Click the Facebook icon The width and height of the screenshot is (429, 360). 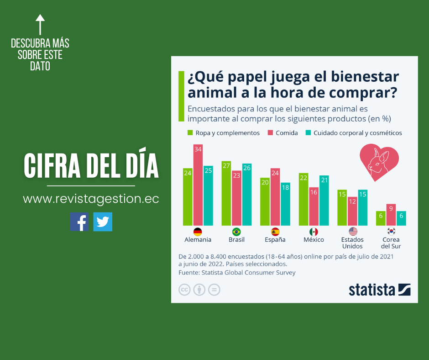click(x=79, y=222)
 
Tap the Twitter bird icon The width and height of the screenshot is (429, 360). click(x=103, y=222)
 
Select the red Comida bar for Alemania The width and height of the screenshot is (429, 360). click(x=198, y=185)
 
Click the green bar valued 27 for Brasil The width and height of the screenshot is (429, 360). click(x=226, y=193)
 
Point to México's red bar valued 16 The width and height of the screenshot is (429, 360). click(x=314, y=206)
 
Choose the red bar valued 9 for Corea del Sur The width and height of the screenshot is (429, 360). click(x=391, y=215)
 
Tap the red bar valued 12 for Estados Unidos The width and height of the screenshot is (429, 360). click(x=352, y=211)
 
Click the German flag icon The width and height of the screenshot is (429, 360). click(x=198, y=232)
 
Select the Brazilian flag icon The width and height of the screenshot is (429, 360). click(x=236, y=232)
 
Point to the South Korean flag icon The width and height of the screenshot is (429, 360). click(x=391, y=232)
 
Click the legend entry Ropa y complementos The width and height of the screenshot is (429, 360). click(x=224, y=133)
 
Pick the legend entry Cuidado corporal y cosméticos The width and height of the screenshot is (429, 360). click(x=354, y=133)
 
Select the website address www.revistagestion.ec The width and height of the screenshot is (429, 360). click(x=91, y=199)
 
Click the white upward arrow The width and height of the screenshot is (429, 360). click(x=40, y=25)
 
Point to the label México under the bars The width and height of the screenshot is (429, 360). click(x=314, y=240)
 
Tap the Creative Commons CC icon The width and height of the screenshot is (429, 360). click(x=184, y=290)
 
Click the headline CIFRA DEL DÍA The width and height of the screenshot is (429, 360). click(x=91, y=166)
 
